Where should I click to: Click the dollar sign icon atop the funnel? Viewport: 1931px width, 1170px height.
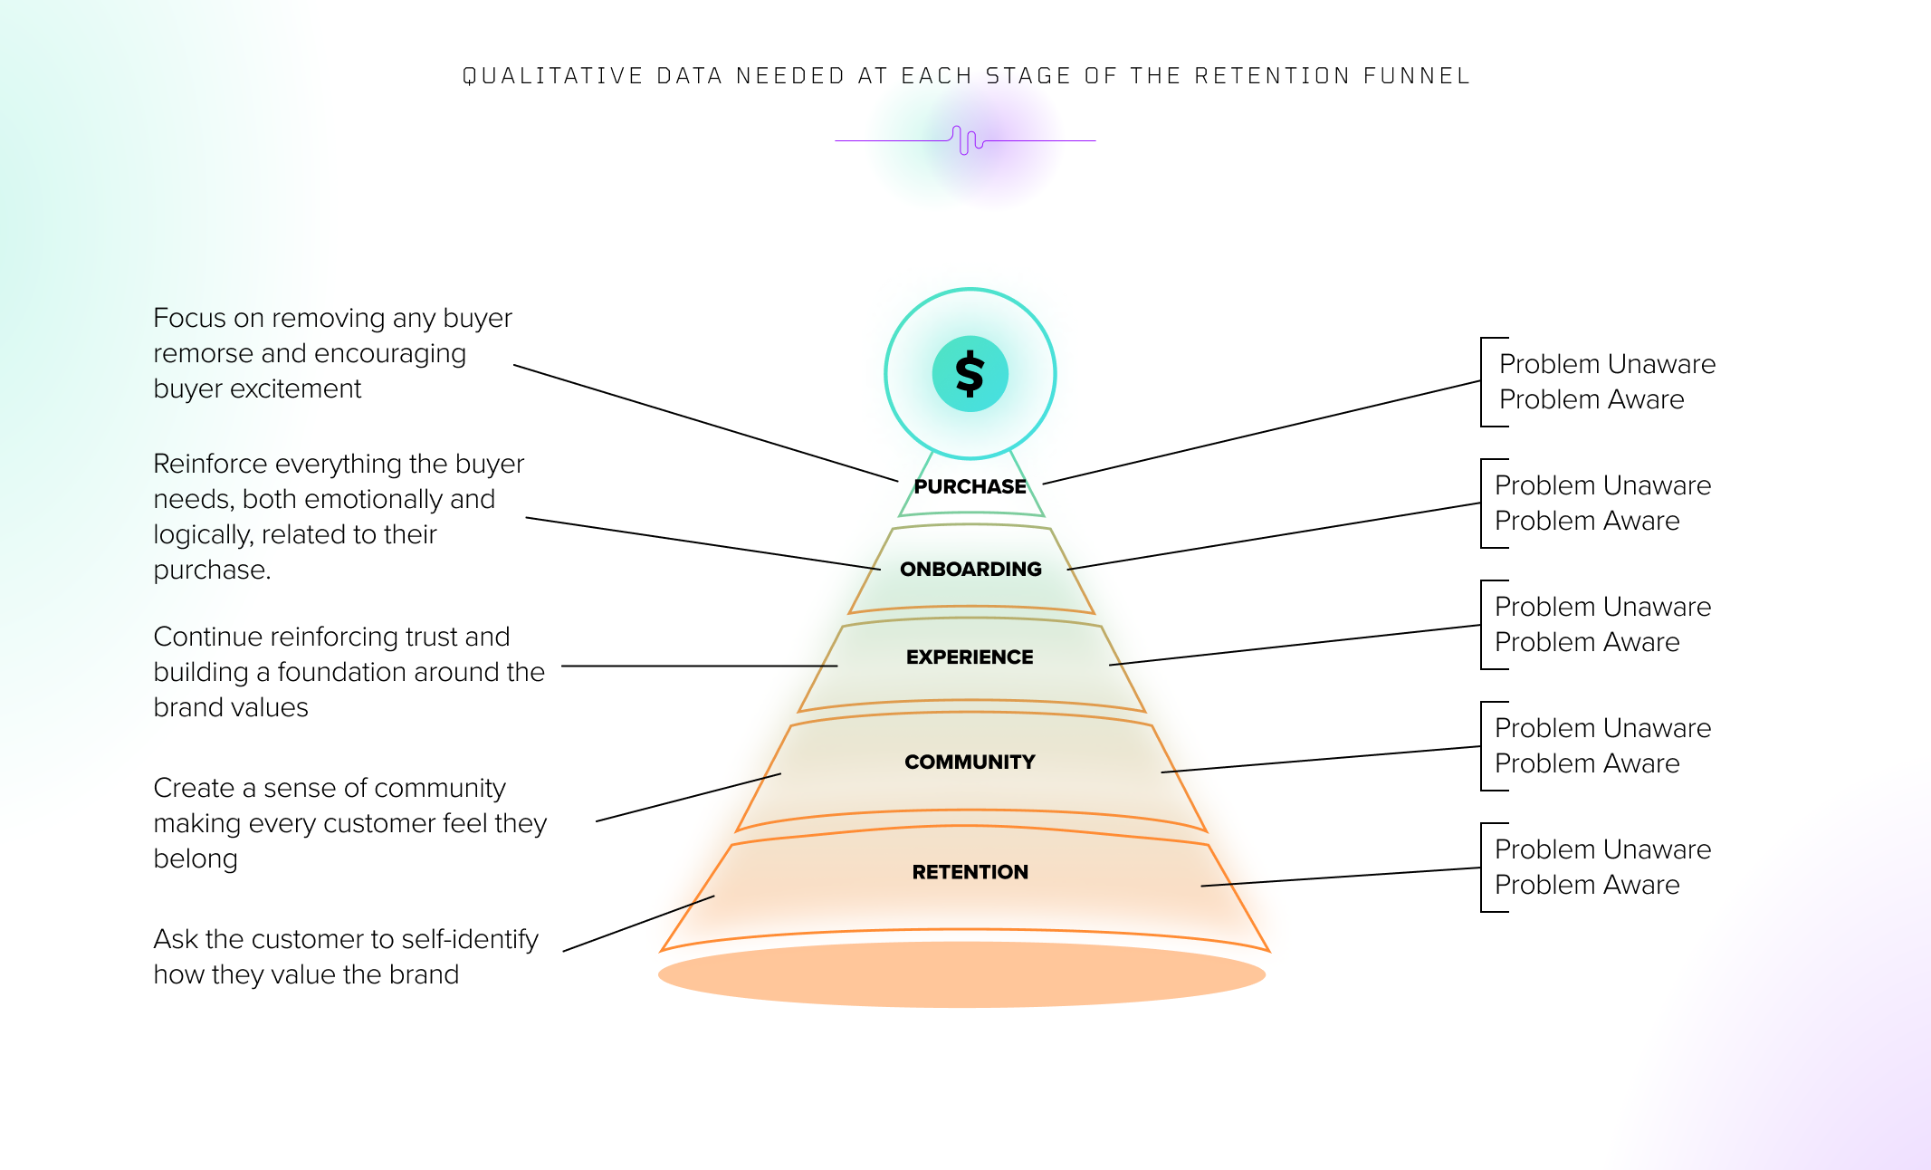(970, 374)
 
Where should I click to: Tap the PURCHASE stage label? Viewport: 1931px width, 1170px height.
(970, 486)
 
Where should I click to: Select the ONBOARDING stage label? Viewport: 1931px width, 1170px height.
(970, 569)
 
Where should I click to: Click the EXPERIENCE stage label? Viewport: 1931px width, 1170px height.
(970, 657)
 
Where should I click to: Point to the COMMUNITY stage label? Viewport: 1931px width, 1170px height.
(970, 762)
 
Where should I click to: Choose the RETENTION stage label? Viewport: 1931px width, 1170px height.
(970, 872)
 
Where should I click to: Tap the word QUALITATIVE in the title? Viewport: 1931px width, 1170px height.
(552, 76)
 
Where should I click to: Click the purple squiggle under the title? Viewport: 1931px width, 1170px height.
(967, 140)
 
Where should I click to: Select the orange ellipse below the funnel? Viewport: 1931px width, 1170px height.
(961, 974)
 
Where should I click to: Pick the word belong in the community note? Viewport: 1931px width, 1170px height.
(196, 858)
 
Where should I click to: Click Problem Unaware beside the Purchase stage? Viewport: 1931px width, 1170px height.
(1607, 364)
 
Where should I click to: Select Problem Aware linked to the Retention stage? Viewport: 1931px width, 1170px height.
(1587, 885)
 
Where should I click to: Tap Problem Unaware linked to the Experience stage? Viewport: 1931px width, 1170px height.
(1602, 607)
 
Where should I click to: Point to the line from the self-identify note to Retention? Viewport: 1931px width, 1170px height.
(638, 924)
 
